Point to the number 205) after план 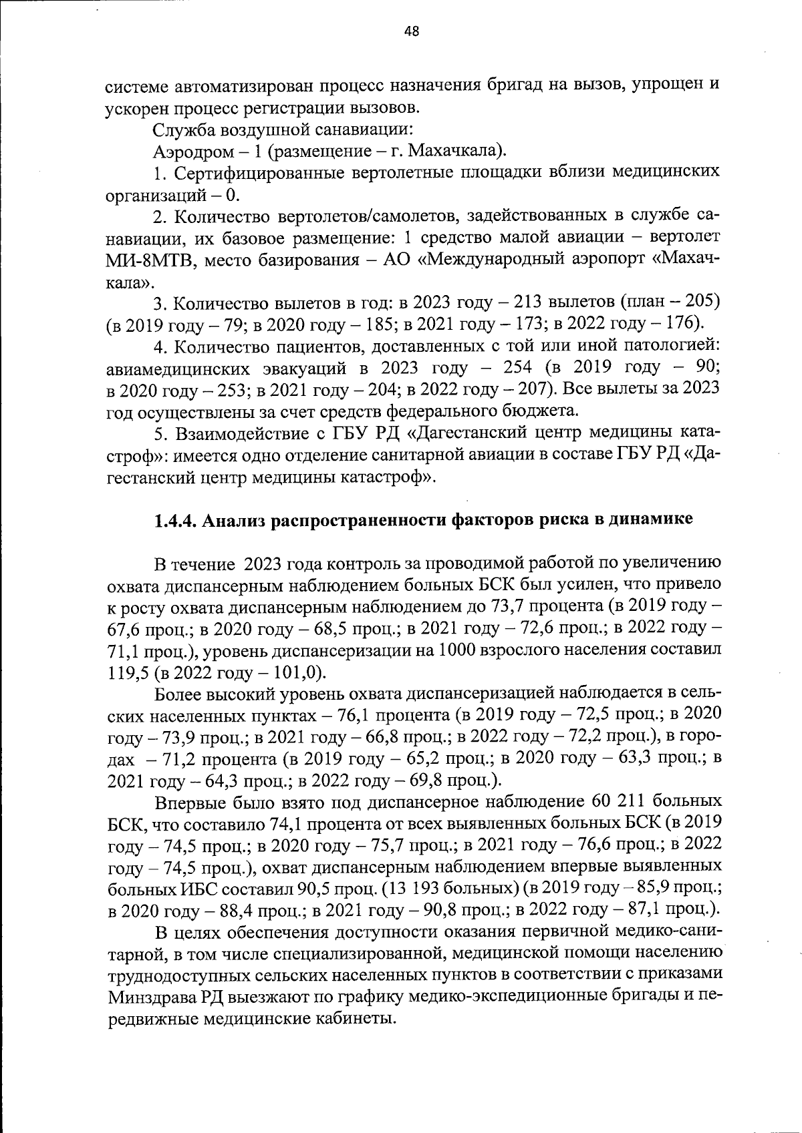pos(702,302)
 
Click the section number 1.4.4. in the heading pos(176,520)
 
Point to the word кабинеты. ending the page pos(359,1020)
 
